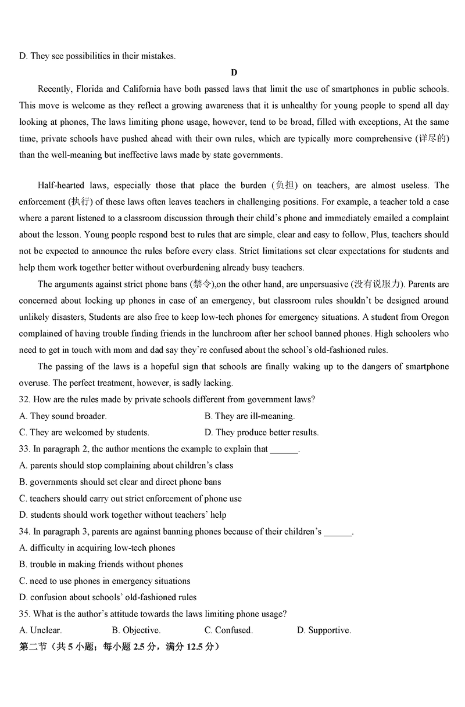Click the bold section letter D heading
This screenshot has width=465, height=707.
[x=234, y=73]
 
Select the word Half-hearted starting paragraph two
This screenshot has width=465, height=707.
[x=60, y=185]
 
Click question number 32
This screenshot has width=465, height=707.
[x=24, y=399]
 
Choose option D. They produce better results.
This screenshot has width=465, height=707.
[x=262, y=432]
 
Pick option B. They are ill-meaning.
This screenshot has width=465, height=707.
[x=250, y=416]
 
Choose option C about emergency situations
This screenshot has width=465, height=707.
[x=105, y=580]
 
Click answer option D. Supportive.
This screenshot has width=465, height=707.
[x=324, y=630]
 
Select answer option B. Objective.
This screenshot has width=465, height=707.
[x=137, y=630]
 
